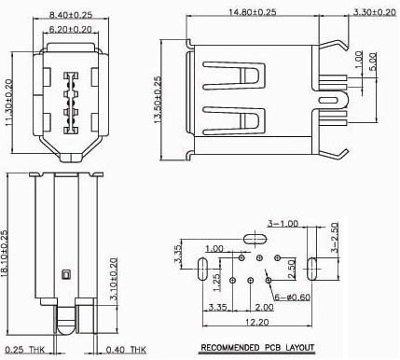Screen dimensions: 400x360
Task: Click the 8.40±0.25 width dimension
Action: [71, 15]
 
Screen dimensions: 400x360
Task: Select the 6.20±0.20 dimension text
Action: [71, 29]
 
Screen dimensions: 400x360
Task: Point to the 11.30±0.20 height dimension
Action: [9, 103]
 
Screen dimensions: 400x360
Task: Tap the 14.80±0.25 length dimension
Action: [253, 12]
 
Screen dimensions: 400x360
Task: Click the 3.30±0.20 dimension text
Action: [375, 12]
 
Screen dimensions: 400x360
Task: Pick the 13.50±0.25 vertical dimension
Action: [158, 100]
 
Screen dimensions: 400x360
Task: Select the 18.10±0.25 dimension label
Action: [4, 253]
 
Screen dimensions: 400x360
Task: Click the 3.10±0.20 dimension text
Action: [114, 279]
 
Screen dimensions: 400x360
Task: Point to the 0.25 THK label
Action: [25, 350]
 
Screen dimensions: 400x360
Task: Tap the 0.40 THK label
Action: [126, 350]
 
